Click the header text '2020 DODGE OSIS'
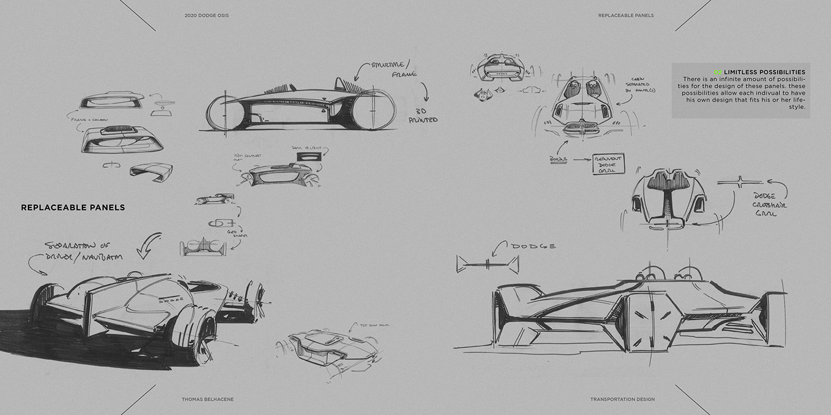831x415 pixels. point(207,15)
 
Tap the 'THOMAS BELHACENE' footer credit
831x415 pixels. point(208,400)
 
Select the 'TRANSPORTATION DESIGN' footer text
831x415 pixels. point(622,400)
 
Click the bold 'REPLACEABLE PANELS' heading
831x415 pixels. point(73,207)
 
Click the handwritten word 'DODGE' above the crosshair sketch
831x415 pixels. point(533,245)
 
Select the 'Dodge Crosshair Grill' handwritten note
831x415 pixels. point(770,205)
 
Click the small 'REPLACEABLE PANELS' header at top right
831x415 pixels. point(626,15)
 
